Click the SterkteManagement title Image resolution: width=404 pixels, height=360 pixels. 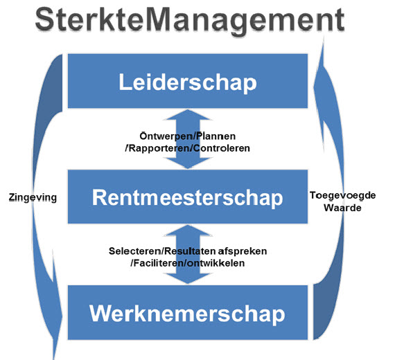pyautogui.click(x=190, y=20)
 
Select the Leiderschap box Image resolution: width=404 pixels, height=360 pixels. pyautogui.click(x=188, y=81)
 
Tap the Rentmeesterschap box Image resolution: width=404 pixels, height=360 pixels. pyautogui.click(x=188, y=197)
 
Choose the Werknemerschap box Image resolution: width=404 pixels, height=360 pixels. pyautogui.click(x=188, y=312)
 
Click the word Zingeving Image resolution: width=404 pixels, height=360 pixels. pyautogui.click(x=33, y=197)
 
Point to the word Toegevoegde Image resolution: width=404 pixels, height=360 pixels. pyautogui.click(x=343, y=195)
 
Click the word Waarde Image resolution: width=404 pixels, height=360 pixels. pyautogui.click(x=342, y=208)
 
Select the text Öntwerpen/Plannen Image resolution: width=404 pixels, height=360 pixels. pyautogui.click(x=188, y=136)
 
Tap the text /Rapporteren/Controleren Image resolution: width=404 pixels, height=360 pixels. pyautogui.click(x=188, y=148)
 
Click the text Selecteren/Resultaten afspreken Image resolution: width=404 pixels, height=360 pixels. pyautogui.click(x=188, y=251)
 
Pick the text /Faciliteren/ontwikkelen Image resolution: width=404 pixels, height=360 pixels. pyautogui.click(x=188, y=263)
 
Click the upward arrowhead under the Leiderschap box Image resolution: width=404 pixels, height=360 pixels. pyautogui.click(x=188, y=115)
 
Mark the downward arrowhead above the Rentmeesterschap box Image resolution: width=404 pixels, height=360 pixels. pyautogui.click(x=188, y=163)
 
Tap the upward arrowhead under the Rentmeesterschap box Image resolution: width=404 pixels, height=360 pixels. pyautogui.click(x=188, y=231)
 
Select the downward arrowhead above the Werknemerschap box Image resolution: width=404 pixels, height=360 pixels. pyautogui.click(x=188, y=278)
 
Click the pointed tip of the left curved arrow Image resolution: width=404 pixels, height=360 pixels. pyautogui.click(x=54, y=359)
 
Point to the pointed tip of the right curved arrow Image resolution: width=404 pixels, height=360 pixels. pyautogui.click(x=324, y=37)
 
